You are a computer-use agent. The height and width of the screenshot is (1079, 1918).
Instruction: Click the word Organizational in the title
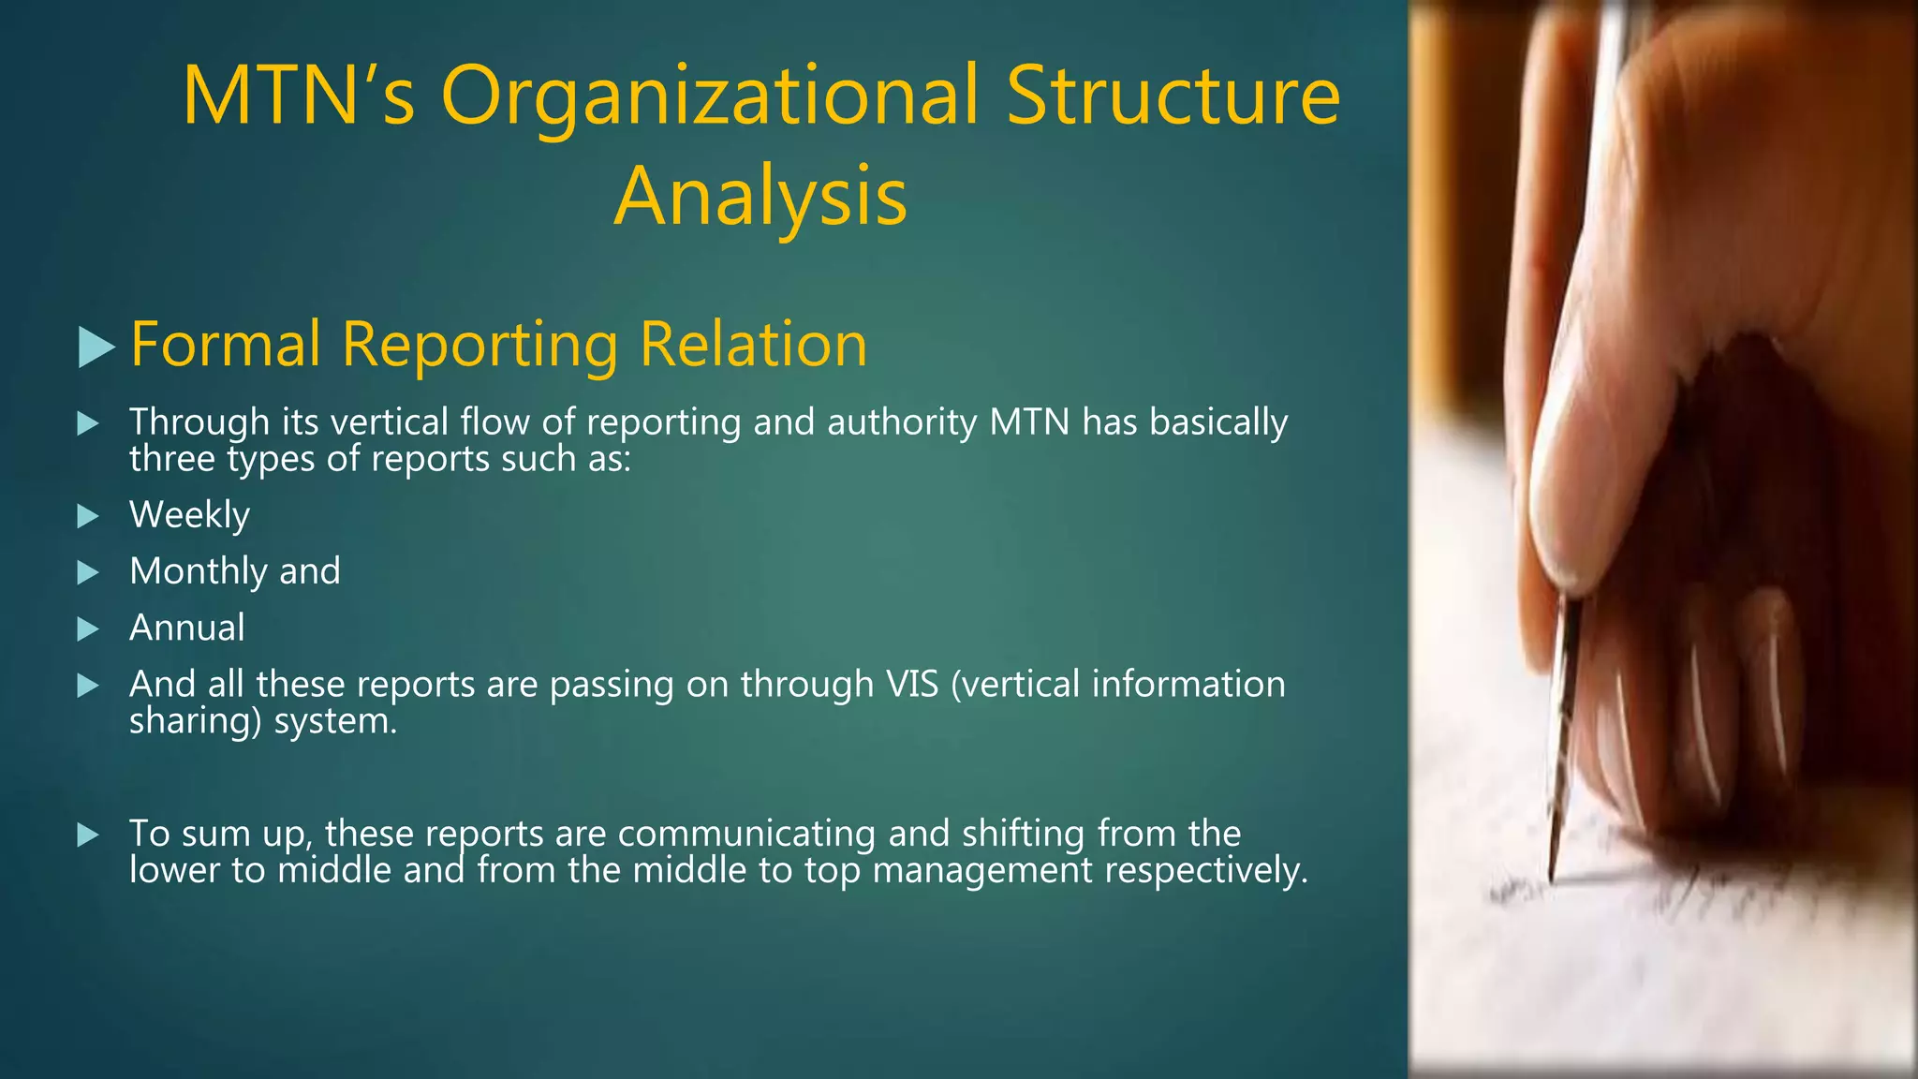pyautogui.click(x=710, y=96)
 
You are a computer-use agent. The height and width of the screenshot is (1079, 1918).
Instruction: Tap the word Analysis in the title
pyautogui.click(x=760, y=197)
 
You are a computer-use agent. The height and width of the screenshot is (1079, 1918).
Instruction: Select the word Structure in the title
pyautogui.click(x=1173, y=96)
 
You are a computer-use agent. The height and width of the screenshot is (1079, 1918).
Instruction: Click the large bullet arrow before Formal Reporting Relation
pyautogui.click(x=96, y=347)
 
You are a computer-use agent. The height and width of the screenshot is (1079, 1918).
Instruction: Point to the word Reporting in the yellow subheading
pyautogui.click(x=479, y=345)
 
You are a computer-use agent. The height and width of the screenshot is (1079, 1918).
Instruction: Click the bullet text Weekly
pyautogui.click(x=189, y=515)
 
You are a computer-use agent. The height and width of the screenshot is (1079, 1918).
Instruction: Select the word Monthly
pyautogui.click(x=198, y=571)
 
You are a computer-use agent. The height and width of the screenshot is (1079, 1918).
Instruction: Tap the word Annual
pyautogui.click(x=186, y=628)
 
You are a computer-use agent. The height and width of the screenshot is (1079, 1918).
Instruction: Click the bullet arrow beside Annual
pyautogui.click(x=88, y=628)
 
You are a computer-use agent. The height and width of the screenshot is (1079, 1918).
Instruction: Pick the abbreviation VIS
pyautogui.click(x=912, y=684)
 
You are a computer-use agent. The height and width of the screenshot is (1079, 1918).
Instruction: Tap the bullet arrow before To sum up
pyautogui.click(x=88, y=835)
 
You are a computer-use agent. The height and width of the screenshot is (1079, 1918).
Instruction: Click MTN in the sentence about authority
pyautogui.click(x=1029, y=422)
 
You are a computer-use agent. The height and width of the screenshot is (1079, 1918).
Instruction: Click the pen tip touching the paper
pyautogui.click(x=1552, y=876)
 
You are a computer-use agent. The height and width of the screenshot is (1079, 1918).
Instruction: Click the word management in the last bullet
pyautogui.click(x=982, y=871)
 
